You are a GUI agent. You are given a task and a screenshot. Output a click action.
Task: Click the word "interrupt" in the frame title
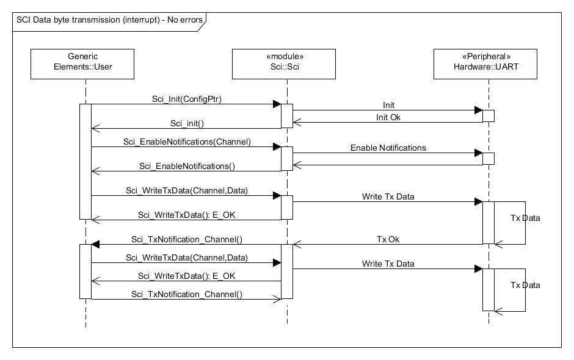click(x=141, y=20)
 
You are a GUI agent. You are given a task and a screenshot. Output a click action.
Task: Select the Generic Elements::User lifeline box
click(x=82, y=64)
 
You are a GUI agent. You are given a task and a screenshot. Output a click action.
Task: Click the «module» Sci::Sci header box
click(x=284, y=64)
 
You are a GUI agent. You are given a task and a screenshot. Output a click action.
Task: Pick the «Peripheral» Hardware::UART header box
click(x=485, y=64)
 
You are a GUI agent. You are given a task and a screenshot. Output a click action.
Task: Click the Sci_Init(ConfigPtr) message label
click(x=187, y=99)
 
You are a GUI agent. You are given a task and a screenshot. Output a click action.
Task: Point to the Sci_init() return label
click(x=187, y=123)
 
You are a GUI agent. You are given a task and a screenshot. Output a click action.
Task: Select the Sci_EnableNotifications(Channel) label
click(x=187, y=142)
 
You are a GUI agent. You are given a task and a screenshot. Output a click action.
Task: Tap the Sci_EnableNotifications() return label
click(x=187, y=166)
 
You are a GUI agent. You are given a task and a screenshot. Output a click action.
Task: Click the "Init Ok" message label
click(x=388, y=117)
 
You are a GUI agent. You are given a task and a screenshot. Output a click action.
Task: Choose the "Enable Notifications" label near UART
click(x=388, y=148)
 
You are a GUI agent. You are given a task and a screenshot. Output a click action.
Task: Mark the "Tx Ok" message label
click(x=388, y=239)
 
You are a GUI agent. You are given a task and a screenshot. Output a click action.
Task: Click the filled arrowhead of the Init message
click(x=479, y=110)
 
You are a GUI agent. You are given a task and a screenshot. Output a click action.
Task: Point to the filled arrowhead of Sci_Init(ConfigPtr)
click(x=277, y=104)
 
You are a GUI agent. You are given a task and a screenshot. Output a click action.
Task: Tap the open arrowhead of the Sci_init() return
click(x=95, y=128)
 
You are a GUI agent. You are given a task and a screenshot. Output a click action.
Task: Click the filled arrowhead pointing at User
click(x=95, y=245)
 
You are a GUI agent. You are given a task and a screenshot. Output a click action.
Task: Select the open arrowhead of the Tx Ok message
click(x=297, y=245)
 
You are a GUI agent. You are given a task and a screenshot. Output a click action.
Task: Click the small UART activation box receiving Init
click(x=489, y=116)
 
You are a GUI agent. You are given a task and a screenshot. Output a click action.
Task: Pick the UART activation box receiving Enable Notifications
click(x=489, y=159)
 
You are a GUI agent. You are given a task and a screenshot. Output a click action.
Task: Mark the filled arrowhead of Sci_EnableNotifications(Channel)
click(x=277, y=146)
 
